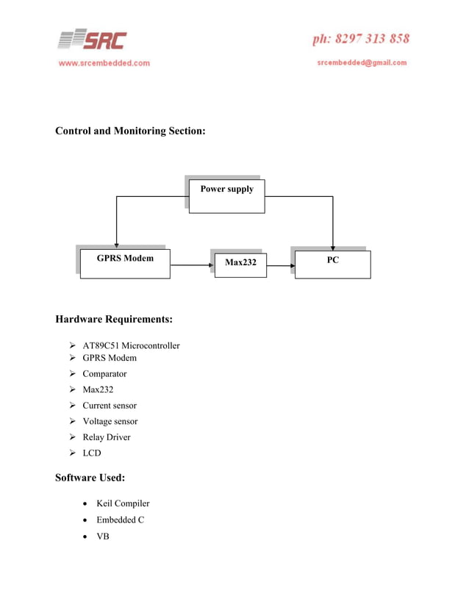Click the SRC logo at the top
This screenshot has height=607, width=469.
pos(92,40)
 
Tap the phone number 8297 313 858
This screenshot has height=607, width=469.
pos(361,39)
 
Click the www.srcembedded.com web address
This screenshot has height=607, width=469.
pos(104,63)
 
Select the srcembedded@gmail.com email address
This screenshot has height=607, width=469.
pos(362,62)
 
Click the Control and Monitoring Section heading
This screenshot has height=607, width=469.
pos(130,131)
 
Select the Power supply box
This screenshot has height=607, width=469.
pos(226,195)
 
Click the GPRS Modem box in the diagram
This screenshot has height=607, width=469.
pos(125,263)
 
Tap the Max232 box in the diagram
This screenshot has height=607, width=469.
pos(240,263)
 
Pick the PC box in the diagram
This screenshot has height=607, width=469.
pos(332,264)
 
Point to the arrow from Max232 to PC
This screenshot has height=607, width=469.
pos(280,265)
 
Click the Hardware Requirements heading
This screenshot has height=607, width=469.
pos(114,320)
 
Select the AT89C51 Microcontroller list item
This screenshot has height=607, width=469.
pos(131,345)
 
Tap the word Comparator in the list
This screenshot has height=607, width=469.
pos(104,373)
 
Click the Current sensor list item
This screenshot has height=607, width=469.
pos(109,406)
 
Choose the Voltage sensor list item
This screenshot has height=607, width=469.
pos(110,421)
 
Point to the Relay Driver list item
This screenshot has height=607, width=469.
pos(106,437)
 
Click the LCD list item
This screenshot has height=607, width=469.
pos(91,453)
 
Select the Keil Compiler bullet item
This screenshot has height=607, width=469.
pos(123,503)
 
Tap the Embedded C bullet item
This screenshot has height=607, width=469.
pos(120,520)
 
